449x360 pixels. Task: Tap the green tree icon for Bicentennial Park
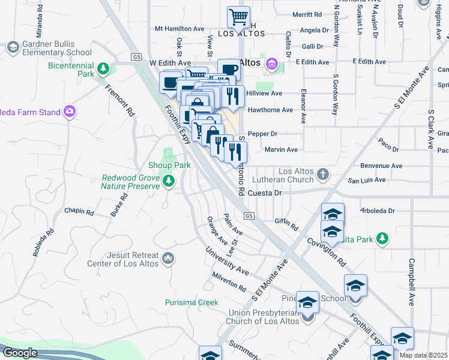[103, 69]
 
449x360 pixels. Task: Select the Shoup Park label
[169, 165]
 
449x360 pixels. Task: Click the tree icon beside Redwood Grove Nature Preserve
[169, 181]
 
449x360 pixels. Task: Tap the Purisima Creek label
[191, 302]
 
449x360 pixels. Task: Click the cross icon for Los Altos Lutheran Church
[323, 175]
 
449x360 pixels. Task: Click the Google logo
[20, 353]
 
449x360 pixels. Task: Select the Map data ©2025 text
[423, 355]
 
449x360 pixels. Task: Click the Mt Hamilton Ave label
[180, 28]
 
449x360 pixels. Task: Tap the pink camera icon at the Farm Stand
[70, 111]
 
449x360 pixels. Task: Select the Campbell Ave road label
[412, 281]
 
